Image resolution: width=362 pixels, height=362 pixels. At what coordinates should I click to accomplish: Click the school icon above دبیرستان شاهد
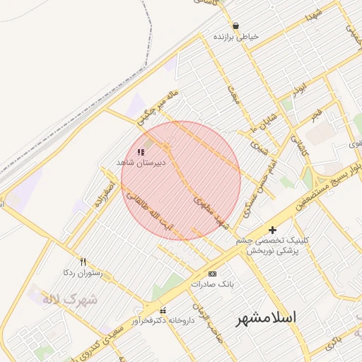140,152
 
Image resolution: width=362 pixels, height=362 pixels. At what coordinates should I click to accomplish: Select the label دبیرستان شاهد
141,163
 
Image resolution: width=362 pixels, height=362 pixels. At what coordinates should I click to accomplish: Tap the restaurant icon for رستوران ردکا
83,262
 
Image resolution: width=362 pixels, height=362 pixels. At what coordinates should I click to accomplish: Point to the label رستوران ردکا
83,272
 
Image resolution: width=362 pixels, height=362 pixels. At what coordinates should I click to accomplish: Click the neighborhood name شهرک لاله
70,299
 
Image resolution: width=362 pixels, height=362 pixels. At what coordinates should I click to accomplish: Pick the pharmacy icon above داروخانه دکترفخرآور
163,310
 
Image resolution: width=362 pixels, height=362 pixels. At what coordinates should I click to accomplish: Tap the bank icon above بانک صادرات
211,274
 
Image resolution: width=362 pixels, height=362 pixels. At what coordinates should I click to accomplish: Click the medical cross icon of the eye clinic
273,230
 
